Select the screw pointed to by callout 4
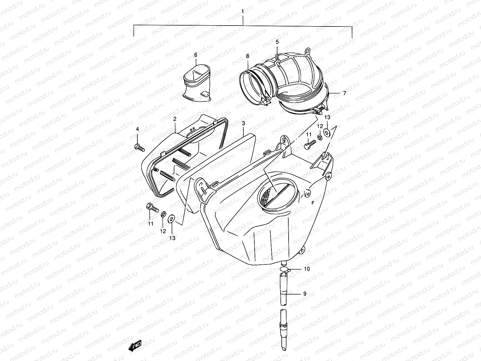point(140,147)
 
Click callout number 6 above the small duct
point(195,55)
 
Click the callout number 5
point(277,42)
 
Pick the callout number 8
point(247,56)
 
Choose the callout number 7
point(345,93)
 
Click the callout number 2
point(175,119)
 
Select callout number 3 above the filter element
point(243,123)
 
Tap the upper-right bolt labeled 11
point(308,145)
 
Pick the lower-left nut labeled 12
point(163,214)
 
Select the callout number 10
point(306,269)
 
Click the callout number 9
point(305,294)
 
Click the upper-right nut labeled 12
point(320,137)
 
